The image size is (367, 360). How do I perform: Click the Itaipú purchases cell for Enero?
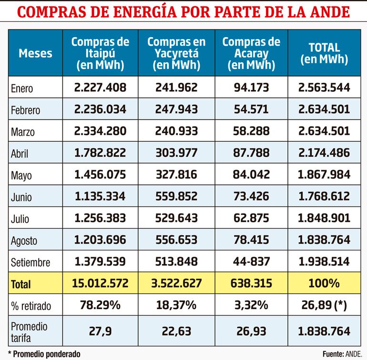[100, 88]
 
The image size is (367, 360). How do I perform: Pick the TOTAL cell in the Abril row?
[324, 153]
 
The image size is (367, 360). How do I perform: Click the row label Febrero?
[25, 110]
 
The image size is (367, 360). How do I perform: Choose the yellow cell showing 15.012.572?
[100, 284]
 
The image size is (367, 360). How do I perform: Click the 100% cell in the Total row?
[324, 284]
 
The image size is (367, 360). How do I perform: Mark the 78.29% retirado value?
[100, 305]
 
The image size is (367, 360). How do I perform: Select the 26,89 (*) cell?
[324, 305]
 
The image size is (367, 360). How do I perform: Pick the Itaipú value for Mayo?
[100, 175]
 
